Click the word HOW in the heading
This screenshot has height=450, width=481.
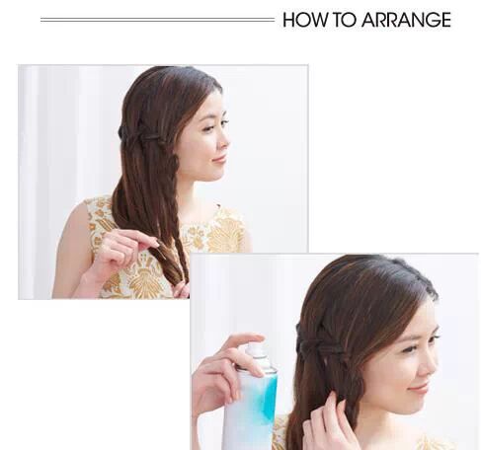tap(305, 20)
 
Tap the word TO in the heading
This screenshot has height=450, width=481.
tap(344, 20)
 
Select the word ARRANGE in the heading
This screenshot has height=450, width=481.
tap(406, 20)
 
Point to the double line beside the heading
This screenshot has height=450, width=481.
tap(157, 20)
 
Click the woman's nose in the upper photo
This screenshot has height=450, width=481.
tap(224, 141)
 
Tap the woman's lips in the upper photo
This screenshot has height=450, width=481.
tap(219, 159)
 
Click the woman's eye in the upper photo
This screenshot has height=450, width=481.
tap(207, 126)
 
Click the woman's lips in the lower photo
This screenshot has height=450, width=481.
tap(418, 389)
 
